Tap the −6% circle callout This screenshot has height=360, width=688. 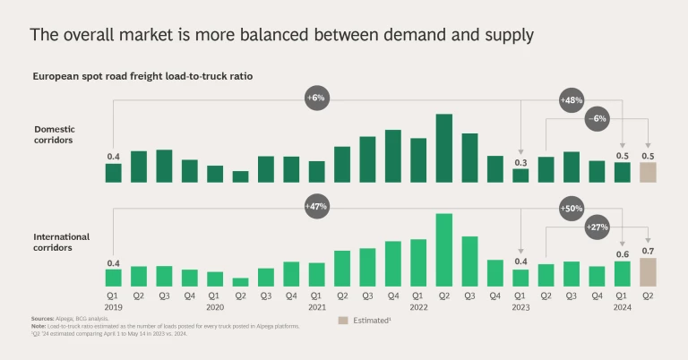tap(597, 118)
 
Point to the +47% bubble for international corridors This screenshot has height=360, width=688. tap(317, 206)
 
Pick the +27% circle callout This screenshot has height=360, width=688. tap(597, 227)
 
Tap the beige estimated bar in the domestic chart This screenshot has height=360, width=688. tap(648, 172)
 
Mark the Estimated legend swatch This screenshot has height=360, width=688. tap(343, 320)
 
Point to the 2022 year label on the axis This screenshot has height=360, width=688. tap(418, 305)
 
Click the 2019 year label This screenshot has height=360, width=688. tap(113, 305)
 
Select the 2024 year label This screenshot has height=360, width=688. tap(622, 305)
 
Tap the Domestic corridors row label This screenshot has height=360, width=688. tap(55, 134)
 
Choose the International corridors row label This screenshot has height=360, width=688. tap(61, 242)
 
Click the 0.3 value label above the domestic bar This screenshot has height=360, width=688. tap(520, 162)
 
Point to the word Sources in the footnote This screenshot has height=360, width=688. tap(42, 319)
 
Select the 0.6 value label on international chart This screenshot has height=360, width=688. tap(622, 254)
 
